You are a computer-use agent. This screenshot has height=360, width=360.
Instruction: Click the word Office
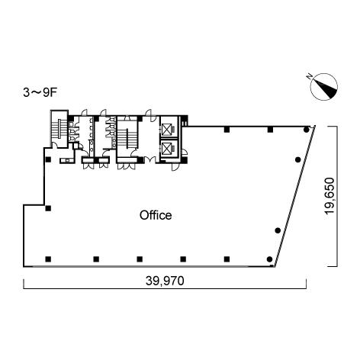coord(156,215)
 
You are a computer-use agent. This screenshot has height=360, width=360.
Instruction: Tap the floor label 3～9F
coord(40,93)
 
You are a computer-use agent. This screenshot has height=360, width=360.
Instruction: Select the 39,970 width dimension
coord(165,281)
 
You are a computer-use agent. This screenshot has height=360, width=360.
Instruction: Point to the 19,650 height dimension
coord(329,195)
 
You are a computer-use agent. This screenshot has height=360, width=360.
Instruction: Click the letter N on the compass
coord(310,76)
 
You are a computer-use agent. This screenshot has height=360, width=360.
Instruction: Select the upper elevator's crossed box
coord(166,130)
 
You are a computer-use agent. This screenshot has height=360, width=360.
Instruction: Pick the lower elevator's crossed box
coord(166,149)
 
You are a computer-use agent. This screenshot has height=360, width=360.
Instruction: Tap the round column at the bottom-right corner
coord(269,259)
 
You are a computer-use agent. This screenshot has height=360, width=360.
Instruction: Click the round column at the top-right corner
coord(307,130)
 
